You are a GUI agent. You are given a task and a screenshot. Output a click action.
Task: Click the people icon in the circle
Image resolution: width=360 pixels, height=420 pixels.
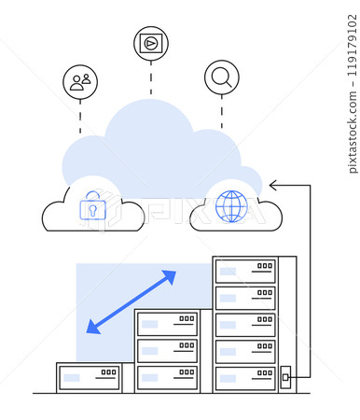(80, 82)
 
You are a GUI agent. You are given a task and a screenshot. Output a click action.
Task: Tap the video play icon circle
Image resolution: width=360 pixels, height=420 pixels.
(151, 43)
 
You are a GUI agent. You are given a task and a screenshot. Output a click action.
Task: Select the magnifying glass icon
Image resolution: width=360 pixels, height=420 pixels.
(221, 77)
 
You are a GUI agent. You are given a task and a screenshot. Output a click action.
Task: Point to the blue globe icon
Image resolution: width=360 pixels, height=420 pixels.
(230, 206)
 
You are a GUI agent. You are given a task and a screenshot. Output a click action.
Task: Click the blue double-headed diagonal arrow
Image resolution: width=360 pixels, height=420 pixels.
(132, 301)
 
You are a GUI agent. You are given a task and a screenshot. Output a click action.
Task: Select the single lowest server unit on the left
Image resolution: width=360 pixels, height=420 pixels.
(90, 377)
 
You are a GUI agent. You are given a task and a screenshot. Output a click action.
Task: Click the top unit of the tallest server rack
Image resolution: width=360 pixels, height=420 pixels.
(245, 271)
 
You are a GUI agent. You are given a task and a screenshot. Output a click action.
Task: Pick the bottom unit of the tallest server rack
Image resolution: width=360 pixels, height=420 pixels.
(245, 378)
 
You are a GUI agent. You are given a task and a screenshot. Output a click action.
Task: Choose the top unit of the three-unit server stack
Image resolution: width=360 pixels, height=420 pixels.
(167, 324)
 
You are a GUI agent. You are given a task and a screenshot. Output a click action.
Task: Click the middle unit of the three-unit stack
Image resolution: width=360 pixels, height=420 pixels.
(167, 351)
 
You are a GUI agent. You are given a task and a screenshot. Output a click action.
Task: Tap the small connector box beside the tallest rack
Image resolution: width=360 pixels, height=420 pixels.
(285, 378)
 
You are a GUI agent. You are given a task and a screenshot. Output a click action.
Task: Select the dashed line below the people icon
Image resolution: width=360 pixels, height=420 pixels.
(80, 118)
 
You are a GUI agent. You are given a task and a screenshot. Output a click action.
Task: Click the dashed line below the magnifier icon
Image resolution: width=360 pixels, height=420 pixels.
(221, 111)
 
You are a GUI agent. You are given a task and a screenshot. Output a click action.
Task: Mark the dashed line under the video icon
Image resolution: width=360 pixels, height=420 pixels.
(151, 78)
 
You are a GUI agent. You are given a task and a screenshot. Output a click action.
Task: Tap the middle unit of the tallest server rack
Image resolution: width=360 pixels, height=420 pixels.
(245, 324)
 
